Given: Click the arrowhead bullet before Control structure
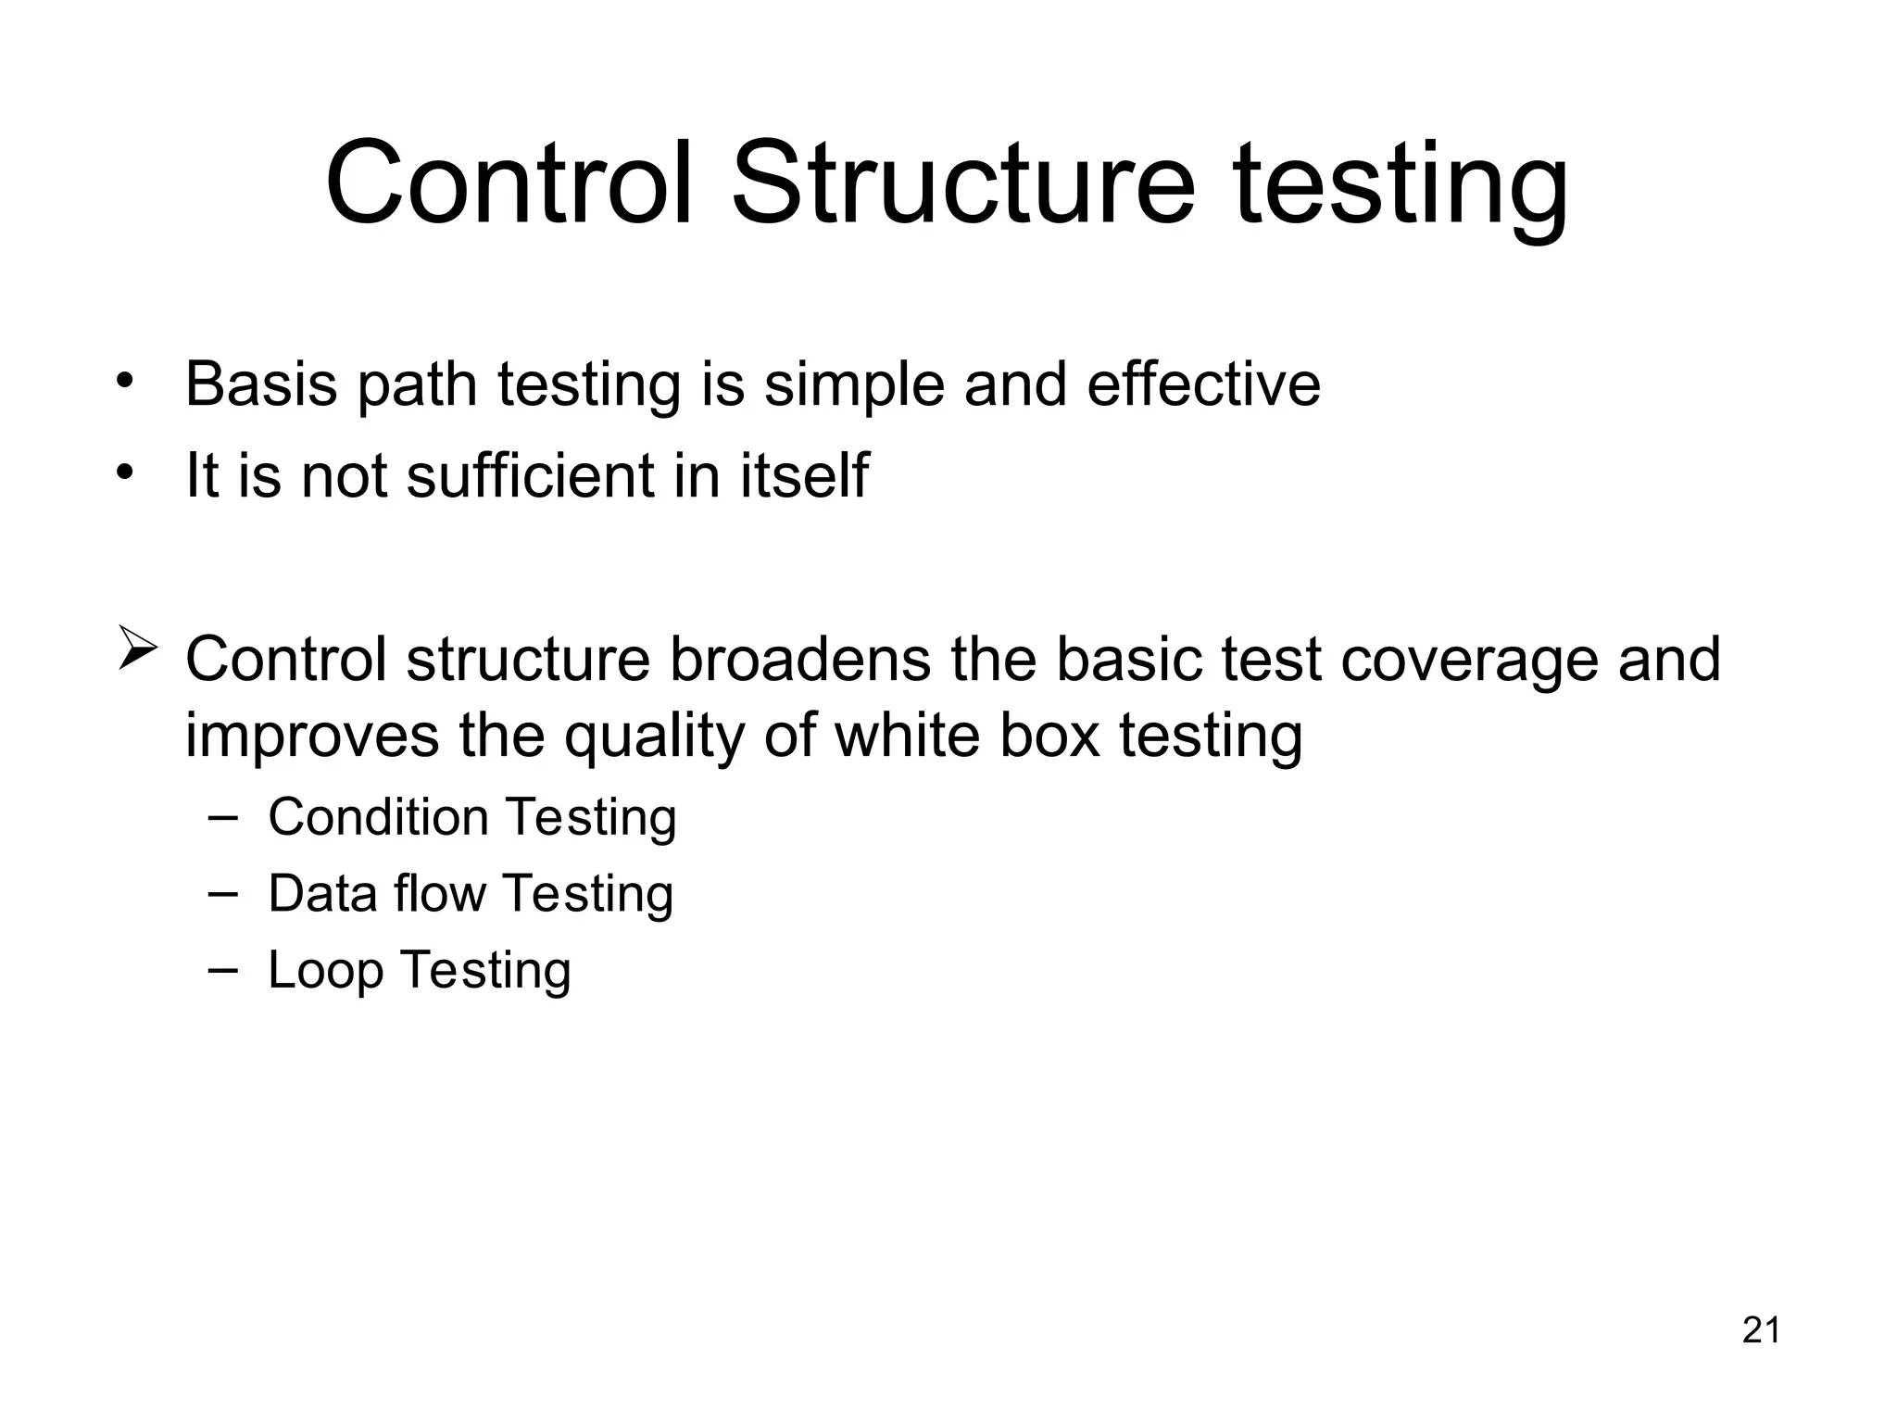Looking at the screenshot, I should point(136,649).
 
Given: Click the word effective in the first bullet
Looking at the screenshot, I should point(1203,384).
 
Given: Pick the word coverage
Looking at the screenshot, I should point(1468,661).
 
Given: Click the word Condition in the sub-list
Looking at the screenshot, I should point(378,817).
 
